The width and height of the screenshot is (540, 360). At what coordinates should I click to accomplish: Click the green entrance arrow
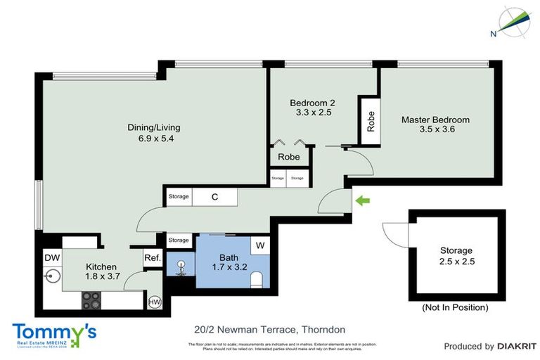tap(361, 202)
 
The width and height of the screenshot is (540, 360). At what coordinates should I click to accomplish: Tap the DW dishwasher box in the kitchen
tap(51, 258)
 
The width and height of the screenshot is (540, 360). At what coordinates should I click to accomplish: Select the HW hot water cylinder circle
tap(154, 302)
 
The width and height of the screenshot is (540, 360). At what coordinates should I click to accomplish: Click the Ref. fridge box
tap(153, 258)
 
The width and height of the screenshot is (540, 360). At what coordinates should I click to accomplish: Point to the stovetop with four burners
tap(92, 300)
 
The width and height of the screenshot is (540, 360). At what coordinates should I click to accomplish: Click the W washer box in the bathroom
tap(259, 245)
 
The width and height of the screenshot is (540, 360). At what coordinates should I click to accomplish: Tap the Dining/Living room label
tap(154, 133)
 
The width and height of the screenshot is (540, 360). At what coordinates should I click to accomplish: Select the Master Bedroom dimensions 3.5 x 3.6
tap(435, 129)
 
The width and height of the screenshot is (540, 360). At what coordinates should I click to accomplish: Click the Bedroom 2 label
tap(311, 103)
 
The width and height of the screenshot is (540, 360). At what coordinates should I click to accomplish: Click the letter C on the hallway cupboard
tap(215, 198)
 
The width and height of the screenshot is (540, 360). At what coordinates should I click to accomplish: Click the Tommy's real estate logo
tap(54, 333)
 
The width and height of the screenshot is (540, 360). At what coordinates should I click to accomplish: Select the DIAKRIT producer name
tap(517, 346)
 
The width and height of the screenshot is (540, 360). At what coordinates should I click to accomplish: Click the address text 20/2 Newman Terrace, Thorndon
tap(269, 329)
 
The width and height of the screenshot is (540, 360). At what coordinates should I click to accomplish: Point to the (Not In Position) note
tap(455, 308)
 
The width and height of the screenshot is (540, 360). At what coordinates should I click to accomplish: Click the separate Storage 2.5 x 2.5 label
tap(456, 256)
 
